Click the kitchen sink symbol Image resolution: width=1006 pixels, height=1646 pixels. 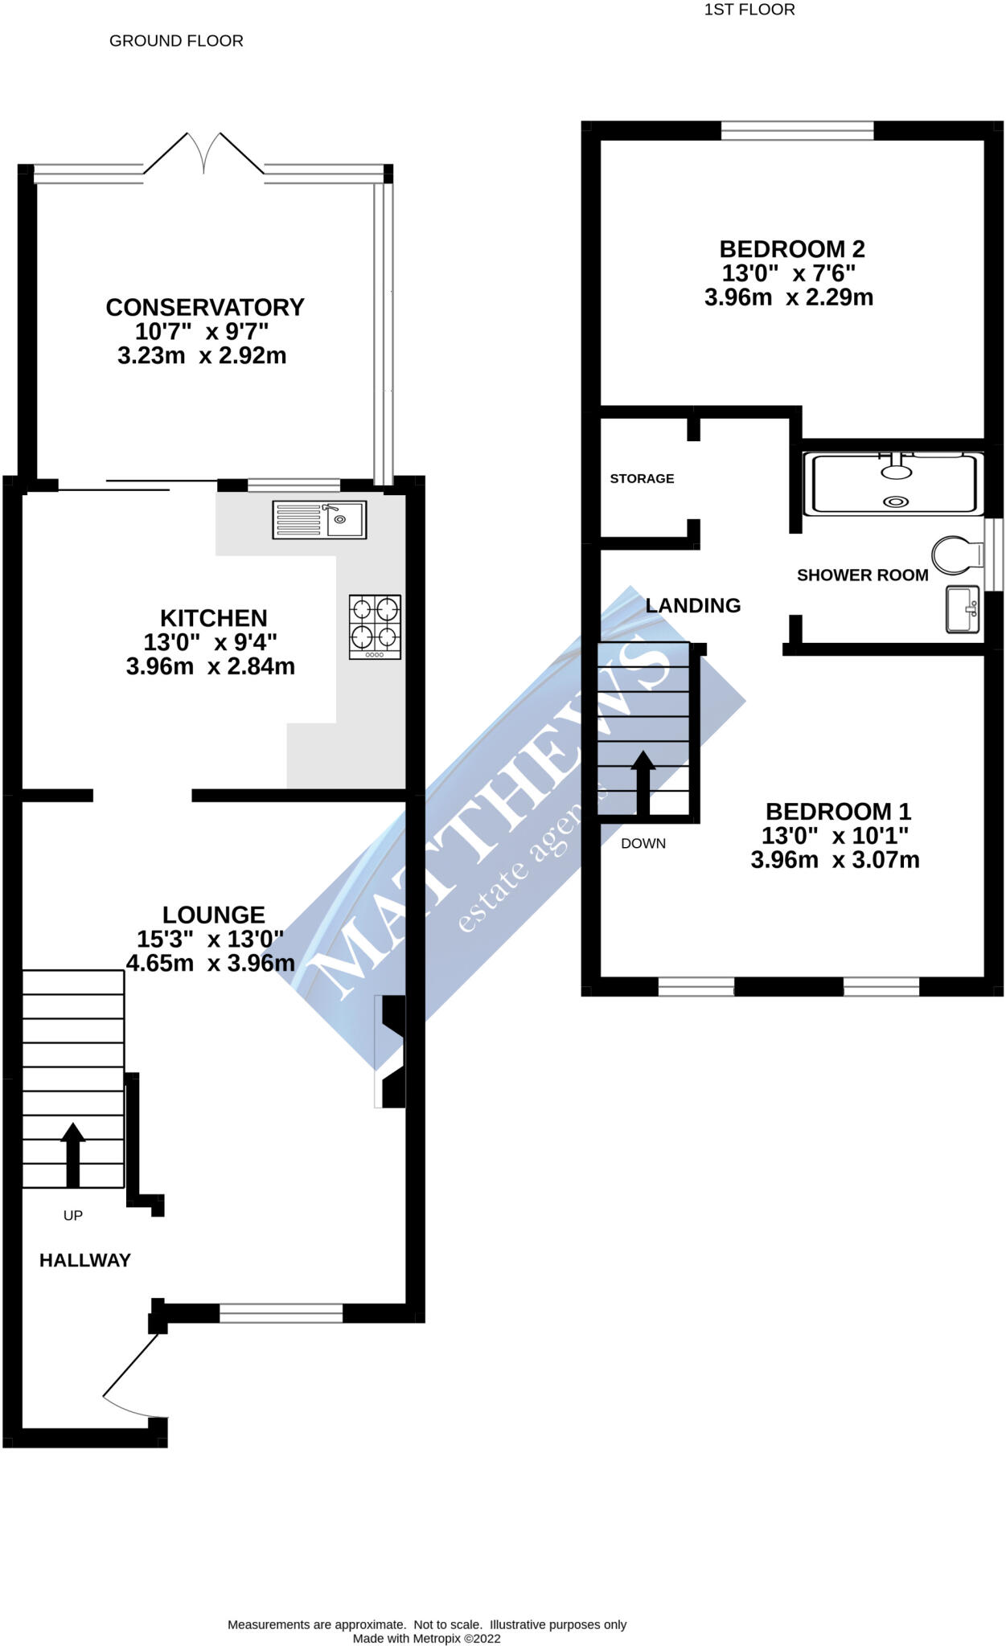tap(319, 519)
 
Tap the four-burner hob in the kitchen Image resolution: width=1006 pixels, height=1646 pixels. tap(375, 627)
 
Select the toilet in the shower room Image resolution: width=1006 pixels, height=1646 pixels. tap(957, 555)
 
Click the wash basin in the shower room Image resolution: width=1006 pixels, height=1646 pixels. tap(963, 609)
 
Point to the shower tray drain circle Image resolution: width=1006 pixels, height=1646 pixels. tap(895, 502)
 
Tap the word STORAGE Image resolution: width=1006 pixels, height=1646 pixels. tap(642, 478)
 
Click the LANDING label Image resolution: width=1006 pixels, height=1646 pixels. tap(692, 605)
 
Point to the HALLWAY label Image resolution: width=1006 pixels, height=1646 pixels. tap(84, 1260)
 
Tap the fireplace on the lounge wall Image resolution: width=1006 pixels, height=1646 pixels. tap(391, 1051)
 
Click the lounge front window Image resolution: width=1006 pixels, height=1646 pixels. tap(281, 1313)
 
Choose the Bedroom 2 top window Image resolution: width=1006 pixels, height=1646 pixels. tap(797, 130)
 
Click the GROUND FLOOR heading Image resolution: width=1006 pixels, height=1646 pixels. tap(176, 40)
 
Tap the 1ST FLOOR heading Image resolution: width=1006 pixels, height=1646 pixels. tap(749, 10)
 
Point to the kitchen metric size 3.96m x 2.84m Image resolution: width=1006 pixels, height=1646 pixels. tap(210, 666)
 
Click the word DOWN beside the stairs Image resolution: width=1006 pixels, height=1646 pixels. tap(643, 843)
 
